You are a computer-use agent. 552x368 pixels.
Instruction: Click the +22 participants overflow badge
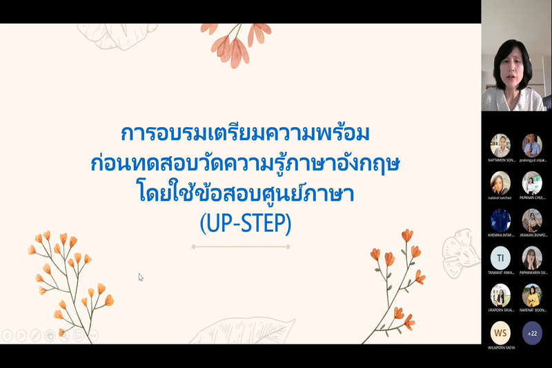532,333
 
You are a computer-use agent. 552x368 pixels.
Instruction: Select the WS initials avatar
500,333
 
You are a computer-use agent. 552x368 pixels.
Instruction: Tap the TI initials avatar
500,258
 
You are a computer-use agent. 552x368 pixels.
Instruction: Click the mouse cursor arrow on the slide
141,277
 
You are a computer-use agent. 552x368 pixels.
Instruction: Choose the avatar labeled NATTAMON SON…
500,145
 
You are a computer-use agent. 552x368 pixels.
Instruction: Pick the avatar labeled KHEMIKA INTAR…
500,220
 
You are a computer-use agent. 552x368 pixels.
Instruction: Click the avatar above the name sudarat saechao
500,183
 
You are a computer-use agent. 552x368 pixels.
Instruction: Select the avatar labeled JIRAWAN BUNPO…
532,220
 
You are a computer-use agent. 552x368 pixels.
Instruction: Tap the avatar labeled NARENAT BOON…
532,296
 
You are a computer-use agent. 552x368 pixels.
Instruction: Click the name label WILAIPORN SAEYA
501,347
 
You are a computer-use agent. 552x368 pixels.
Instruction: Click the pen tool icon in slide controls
36,336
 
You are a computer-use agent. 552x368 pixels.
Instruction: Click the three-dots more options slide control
92,336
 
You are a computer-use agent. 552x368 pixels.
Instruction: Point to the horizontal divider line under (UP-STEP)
240,246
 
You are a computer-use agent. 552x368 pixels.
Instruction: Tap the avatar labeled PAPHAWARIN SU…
532,258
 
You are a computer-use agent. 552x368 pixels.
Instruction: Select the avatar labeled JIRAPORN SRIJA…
500,296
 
